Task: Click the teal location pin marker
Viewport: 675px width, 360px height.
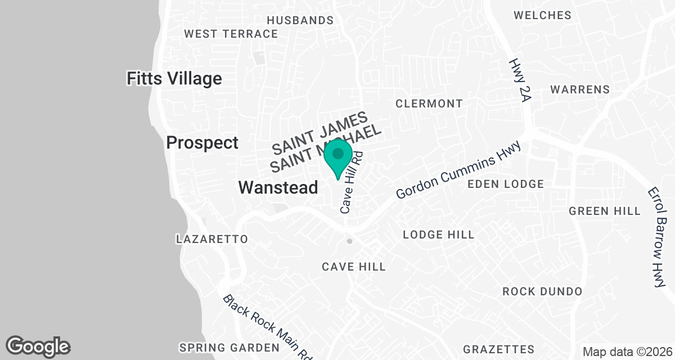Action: (337, 157)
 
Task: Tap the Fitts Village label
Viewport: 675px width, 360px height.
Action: (174, 78)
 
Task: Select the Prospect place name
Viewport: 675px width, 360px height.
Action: (202, 143)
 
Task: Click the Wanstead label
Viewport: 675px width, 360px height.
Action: (278, 187)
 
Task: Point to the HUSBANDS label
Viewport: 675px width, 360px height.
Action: (300, 20)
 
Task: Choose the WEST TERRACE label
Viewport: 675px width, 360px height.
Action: (231, 34)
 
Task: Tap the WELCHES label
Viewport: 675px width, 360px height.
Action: (542, 15)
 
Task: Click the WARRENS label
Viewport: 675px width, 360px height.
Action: (580, 89)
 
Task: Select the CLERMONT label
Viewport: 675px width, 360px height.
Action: (429, 103)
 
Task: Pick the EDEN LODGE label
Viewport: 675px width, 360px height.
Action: (506, 184)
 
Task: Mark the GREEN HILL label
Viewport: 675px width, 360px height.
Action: (605, 211)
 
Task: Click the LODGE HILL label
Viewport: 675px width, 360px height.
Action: (439, 235)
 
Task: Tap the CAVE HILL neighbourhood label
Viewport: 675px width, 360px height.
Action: (354, 267)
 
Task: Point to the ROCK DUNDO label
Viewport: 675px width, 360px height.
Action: (542, 291)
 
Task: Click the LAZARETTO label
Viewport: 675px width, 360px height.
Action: (212, 239)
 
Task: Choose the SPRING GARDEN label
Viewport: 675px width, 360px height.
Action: (229, 347)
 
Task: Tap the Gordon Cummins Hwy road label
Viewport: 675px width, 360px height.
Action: (458, 169)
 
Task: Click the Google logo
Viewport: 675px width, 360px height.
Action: (38, 346)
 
